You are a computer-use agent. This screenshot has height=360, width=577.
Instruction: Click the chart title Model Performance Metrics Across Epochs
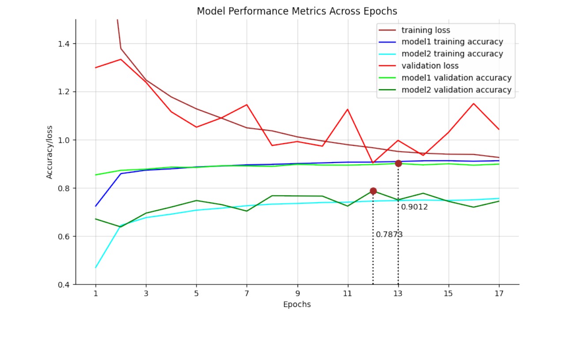(297, 11)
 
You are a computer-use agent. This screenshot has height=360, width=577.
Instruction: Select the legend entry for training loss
(426, 30)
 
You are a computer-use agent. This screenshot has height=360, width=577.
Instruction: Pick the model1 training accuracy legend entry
(452, 42)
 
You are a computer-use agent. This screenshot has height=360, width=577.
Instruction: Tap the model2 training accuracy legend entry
(452, 54)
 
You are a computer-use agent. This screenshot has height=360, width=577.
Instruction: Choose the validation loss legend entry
(430, 66)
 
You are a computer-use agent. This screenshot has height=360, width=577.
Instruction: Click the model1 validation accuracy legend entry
(456, 78)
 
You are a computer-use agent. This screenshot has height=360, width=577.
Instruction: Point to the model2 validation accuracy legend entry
(456, 90)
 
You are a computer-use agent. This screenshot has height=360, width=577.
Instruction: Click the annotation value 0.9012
(415, 207)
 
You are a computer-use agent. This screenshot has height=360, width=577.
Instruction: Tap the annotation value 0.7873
(389, 235)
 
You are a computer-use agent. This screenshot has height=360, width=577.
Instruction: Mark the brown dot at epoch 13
(398, 163)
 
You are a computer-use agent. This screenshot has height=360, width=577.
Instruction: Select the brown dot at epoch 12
(373, 191)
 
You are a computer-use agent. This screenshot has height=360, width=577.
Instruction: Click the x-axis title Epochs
(297, 305)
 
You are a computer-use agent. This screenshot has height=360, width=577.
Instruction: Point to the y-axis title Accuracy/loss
(49, 152)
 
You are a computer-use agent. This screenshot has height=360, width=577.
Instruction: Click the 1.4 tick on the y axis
(64, 44)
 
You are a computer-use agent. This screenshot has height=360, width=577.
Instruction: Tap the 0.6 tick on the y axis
(64, 236)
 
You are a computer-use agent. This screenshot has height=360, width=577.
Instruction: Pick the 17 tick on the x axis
(499, 293)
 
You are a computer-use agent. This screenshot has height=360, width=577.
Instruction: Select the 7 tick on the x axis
(247, 293)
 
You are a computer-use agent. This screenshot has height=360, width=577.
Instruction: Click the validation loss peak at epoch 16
(474, 104)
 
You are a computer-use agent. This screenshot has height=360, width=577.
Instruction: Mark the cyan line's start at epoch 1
(96, 267)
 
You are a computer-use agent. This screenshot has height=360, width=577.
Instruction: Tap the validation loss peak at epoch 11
(347, 109)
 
